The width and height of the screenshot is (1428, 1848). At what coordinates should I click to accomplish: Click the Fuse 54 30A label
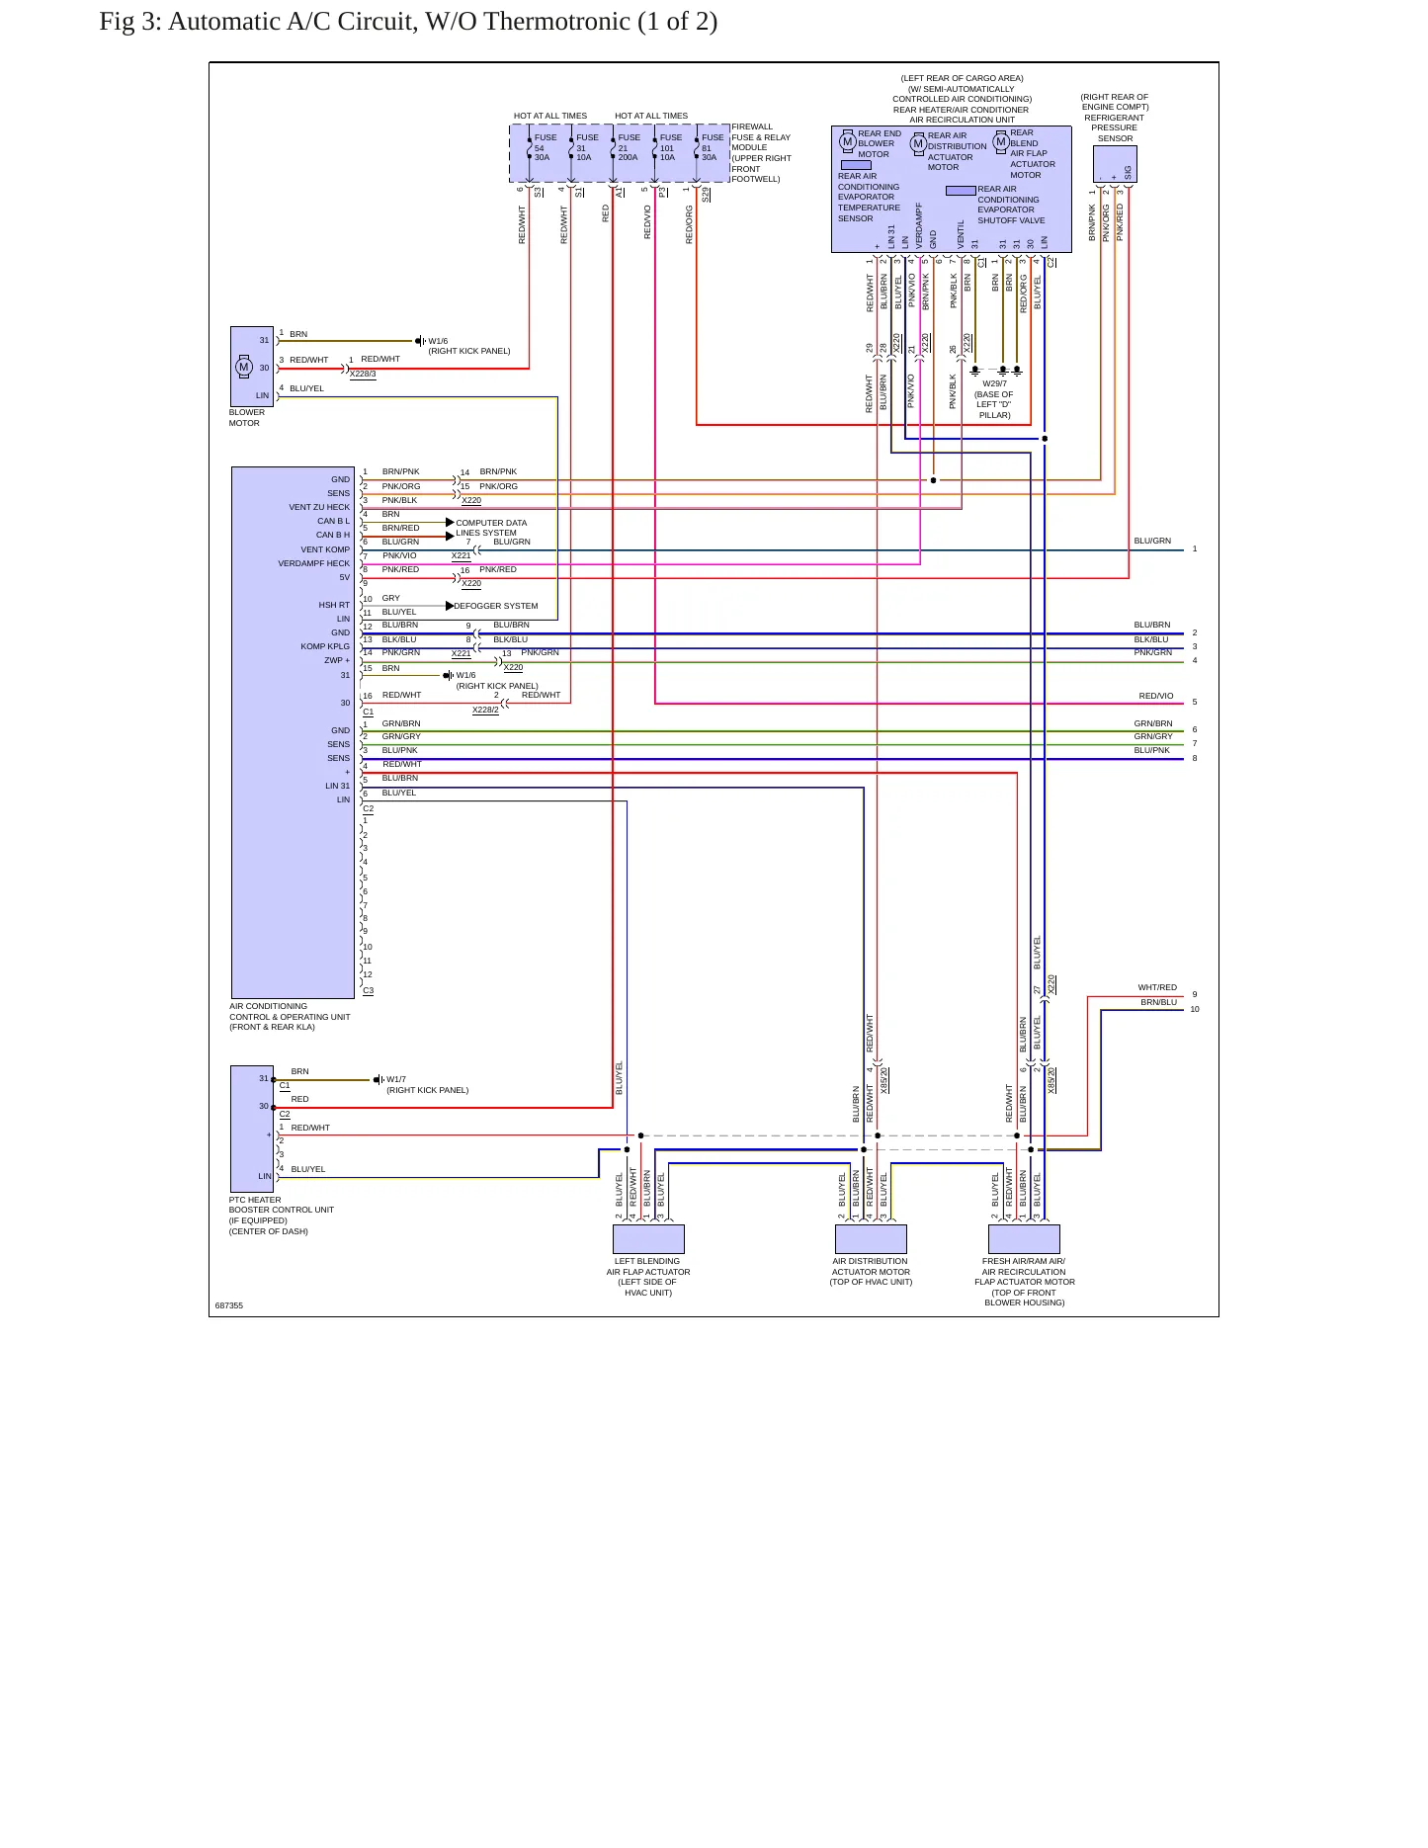[545, 147]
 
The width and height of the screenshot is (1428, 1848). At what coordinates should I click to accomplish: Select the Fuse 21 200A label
[629, 147]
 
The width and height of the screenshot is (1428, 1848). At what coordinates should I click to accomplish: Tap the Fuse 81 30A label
[712, 147]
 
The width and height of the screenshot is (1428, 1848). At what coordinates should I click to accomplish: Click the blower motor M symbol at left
[244, 367]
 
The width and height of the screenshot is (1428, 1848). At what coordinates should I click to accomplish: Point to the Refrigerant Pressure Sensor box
[1115, 164]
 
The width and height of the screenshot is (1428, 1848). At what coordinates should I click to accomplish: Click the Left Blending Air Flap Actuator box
[648, 1238]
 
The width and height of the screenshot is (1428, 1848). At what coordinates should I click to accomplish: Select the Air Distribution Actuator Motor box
[871, 1238]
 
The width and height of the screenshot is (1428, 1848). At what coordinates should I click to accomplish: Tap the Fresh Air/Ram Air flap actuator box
[1024, 1238]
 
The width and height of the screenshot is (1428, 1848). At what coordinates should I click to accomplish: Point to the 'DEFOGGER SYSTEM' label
[496, 606]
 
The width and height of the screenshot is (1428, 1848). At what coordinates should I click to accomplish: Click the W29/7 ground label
[994, 383]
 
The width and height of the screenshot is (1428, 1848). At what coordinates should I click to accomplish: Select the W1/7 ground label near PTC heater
[396, 1079]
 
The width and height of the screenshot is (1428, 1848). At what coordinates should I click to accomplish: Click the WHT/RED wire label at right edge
[1157, 987]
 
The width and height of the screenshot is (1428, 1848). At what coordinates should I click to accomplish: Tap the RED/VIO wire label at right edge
[1156, 696]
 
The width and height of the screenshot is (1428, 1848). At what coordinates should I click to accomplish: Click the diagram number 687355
[228, 1305]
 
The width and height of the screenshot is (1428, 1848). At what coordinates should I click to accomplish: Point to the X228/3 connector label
[363, 374]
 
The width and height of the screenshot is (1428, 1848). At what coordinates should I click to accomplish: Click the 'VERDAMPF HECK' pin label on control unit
[314, 563]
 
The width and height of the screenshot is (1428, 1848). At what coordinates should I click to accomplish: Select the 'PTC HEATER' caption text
[255, 1200]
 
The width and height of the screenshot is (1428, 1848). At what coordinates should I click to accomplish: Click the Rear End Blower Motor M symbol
[847, 142]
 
